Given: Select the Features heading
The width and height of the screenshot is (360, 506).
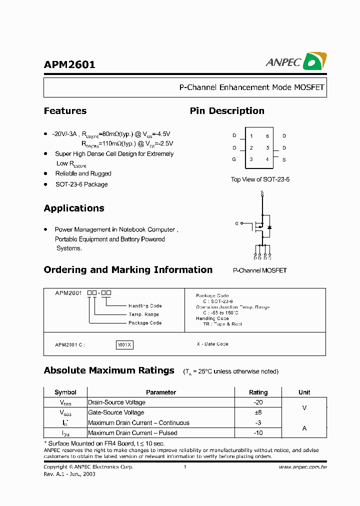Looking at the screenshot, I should coord(65,111).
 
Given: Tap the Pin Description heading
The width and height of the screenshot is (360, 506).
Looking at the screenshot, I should coord(227,111).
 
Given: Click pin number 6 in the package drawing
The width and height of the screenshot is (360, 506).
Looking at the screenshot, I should coord(267,136).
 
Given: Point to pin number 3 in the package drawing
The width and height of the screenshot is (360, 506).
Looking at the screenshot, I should coord(251,159).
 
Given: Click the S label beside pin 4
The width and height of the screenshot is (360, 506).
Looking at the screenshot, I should coord(284,159).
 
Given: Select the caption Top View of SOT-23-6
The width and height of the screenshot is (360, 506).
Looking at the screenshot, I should coord(260,179).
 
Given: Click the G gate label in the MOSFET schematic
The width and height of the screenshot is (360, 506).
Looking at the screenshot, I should coord(236,223).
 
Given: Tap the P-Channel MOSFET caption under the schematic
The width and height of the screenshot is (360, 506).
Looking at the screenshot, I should coord(260,270).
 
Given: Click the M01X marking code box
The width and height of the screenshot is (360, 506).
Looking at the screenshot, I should coord(124,344).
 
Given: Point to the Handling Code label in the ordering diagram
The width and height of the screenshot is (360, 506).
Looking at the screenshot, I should coord(145,305).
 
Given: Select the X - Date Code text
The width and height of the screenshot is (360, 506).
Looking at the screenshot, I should coord(212,344).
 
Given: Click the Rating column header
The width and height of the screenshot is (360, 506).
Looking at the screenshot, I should coord(258,392).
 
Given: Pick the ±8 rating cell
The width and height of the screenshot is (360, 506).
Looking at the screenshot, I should coord(258,412).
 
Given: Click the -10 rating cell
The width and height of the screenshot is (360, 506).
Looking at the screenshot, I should coord(258,433).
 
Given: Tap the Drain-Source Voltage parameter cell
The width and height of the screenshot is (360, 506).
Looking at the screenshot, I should coord(116,402).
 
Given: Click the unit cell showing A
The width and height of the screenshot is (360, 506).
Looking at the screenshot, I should coord(304,428).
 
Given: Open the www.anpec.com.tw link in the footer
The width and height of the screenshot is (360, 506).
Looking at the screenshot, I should coord(302,467).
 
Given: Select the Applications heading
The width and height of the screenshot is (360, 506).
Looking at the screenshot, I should coord(74,208).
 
